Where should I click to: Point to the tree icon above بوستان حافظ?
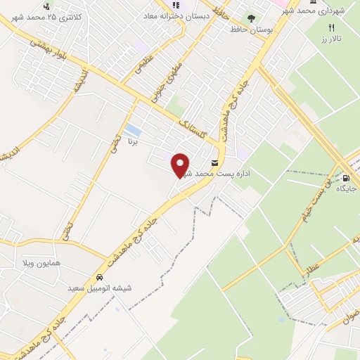(x=251, y=18)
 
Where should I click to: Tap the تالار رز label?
(x=332, y=39)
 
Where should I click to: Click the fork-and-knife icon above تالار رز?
(x=331, y=27)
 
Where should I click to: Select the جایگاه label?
(x=347, y=188)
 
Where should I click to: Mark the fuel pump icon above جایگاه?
(x=346, y=177)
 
